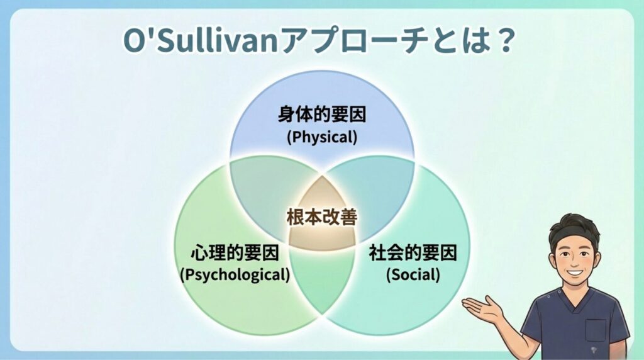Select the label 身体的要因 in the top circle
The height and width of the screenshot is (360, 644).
[x=322, y=115]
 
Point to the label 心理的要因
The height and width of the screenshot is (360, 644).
[x=235, y=254]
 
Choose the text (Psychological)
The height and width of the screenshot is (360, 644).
[x=235, y=274]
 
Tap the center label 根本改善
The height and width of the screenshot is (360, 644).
[x=322, y=218]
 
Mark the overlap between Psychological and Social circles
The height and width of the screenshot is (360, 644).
[x=322, y=283]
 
